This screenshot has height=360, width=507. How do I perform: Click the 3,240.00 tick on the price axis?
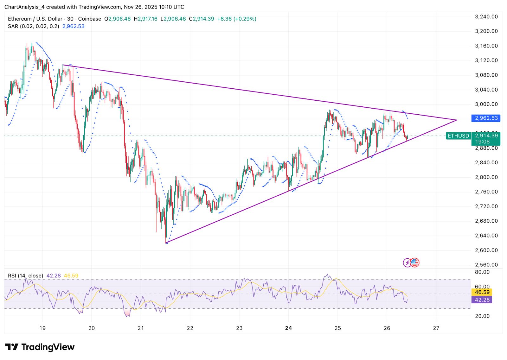[x=486, y=17]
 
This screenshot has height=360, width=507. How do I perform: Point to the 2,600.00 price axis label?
[x=486, y=250]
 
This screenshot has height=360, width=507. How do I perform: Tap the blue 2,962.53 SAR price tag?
[x=486, y=118]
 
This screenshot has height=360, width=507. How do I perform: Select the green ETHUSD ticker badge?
[x=458, y=136]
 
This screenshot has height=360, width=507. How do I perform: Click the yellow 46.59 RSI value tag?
[x=482, y=292]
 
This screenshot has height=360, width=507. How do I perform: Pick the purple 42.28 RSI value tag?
[x=482, y=300]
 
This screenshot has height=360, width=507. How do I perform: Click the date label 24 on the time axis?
[x=288, y=328]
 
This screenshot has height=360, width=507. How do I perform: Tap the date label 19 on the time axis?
[x=42, y=328]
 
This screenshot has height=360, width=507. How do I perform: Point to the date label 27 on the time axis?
[x=436, y=328]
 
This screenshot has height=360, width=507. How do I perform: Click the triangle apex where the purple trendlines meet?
[x=457, y=120]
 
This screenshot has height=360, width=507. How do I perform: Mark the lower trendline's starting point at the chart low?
[x=166, y=243]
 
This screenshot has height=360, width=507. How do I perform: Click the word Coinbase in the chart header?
[x=90, y=19]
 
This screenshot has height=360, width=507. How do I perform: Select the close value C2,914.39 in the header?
[x=202, y=19]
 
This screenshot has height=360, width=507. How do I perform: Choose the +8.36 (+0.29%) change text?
[x=236, y=19]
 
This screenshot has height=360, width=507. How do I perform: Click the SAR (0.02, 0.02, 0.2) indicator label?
[x=33, y=26]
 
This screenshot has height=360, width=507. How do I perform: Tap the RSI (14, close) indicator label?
[x=25, y=276]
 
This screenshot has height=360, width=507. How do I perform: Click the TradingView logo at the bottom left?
[x=40, y=347]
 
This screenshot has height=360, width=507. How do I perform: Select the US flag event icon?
[x=414, y=262]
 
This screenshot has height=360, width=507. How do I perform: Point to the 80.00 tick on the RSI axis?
[x=482, y=272]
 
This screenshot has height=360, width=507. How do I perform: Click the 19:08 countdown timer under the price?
[x=482, y=142]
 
